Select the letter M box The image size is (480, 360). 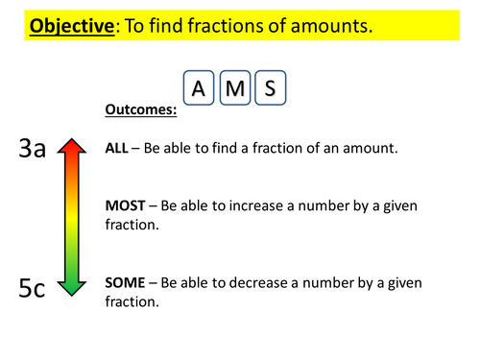tap(234, 89)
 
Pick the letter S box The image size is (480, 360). tap(270, 89)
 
